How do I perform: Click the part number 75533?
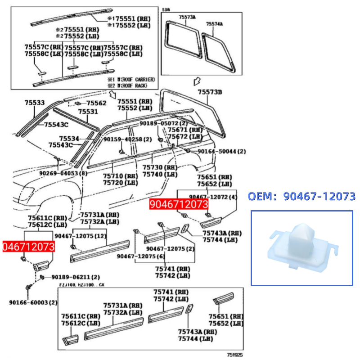tap(35, 103)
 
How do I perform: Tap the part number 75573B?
tap(211, 92)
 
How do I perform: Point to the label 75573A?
tap(187, 17)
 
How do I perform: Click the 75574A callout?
tap(215, 23)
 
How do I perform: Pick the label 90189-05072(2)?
tap(163, 123)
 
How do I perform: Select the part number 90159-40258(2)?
tap(127, 139)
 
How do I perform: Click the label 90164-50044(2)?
tap(222, 152)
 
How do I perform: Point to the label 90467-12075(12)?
tap(81, 236)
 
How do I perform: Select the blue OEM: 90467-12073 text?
tap(301, 196)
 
